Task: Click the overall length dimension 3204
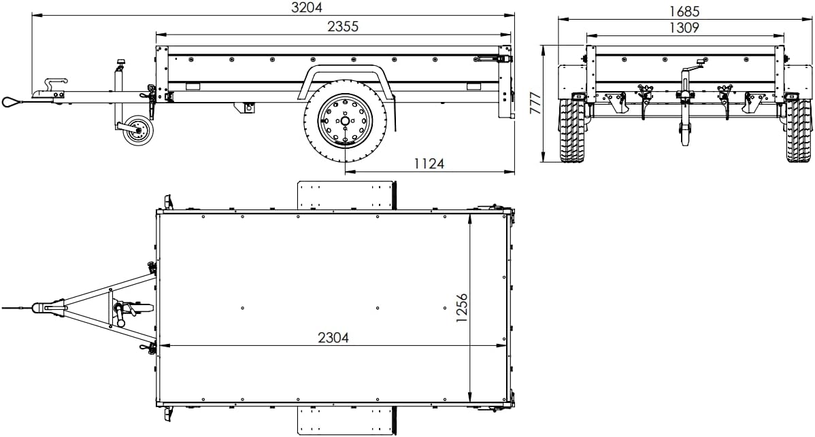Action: (x=306, y=7)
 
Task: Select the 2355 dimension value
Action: (x=342, y=27)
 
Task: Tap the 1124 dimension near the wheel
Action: (x=429, y=163)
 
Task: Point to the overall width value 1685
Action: (x=684, y=12)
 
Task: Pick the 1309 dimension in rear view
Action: (x=684, y=28)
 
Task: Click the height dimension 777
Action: (x=537, y=103)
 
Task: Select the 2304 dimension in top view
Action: (x=333, y=337)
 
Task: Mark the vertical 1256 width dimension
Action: (x=462, y=307)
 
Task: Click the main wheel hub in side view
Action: (x=346, y=121)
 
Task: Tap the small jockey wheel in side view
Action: (x=138, y=130)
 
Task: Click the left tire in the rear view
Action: (x=572, y=130)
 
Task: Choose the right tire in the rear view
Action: (x=798, y=130)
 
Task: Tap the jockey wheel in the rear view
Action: (x=684, y=134)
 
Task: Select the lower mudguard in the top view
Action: (x=346, y=420)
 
